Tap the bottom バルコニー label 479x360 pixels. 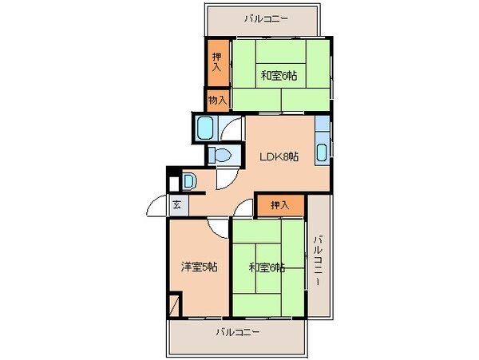(237, 332)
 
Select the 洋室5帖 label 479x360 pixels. (199, 266)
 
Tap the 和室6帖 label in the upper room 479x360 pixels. (279, 77)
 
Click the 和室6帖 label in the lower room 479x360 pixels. (266, 267)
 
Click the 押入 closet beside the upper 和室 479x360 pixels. (217, 63)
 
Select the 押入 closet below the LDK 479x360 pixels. (279, 206)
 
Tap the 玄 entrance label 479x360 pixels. (176, 205)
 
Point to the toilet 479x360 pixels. (221, 154)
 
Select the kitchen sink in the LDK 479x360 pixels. (321, 152)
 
